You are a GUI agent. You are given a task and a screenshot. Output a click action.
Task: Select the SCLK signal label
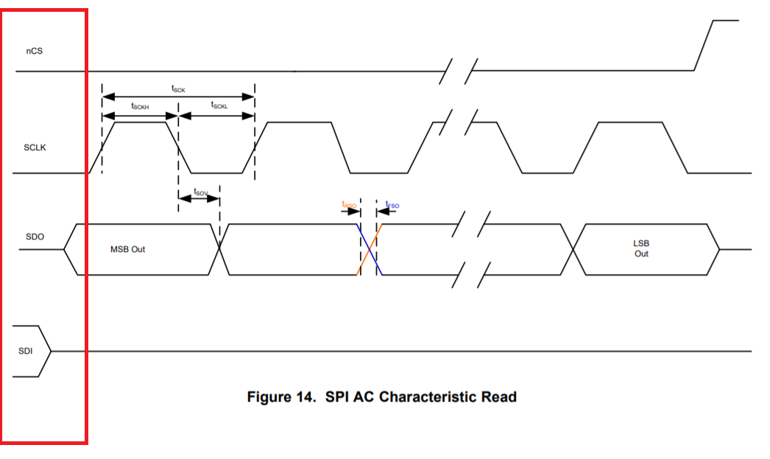35,148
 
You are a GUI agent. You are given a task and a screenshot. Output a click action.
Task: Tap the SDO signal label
35,236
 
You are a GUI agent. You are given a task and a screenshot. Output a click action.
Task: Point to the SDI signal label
26,351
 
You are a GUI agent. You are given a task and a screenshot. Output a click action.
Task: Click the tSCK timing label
178,89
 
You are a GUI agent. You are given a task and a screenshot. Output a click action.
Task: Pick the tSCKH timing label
140,107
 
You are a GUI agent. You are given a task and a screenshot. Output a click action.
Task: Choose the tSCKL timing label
219,106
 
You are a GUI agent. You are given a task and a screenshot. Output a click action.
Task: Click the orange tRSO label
349,205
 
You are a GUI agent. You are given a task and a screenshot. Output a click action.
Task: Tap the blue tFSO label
392,206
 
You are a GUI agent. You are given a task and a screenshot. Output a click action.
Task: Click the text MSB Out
127,250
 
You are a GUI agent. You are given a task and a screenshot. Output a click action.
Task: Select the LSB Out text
641,248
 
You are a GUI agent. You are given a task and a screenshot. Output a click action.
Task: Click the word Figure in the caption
270,397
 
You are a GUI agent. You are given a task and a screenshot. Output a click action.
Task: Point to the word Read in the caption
499,397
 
